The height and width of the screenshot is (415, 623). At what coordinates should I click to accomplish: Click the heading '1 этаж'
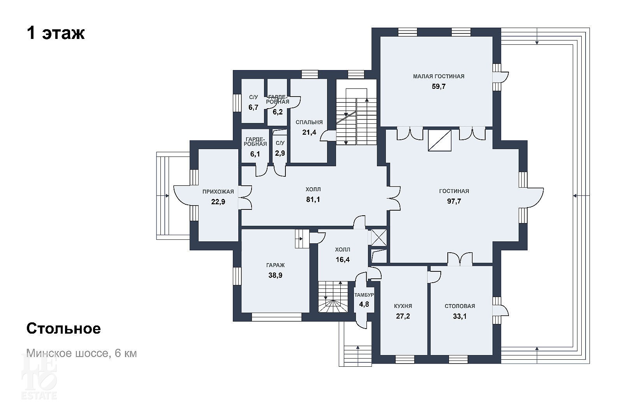[x=56, y=33]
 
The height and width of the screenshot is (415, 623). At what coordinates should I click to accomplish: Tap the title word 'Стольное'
[x=64, y=329]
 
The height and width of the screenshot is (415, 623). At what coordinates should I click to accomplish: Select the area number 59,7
[x=438, y=86]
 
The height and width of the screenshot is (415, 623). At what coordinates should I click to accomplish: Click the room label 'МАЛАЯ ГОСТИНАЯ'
[x=438, y=76]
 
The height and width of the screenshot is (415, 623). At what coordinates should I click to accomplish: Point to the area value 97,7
[x=454, y=201]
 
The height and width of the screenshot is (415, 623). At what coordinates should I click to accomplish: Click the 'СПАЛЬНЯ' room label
[x=309, y=122]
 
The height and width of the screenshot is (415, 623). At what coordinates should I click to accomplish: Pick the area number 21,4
[x=309, y=132]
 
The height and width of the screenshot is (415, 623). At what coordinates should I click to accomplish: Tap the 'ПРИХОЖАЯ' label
[x=218, y=192]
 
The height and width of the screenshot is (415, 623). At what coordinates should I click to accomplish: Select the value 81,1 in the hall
[x=313, y=199]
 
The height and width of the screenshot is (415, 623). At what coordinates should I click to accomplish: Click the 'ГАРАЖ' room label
[x=275, y=265]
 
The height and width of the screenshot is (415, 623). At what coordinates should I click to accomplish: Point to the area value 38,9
[x=275, y=275]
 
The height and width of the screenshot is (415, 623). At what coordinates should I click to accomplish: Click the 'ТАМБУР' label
[x=364, y=295]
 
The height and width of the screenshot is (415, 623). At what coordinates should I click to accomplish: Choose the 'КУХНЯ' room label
[x=403, y=306]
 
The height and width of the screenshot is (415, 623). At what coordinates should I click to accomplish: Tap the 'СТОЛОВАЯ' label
[x=460, y=306]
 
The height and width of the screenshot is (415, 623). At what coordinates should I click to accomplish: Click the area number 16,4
[x=343, y=260]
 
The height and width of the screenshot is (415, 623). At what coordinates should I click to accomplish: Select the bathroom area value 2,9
[x=280, y=153]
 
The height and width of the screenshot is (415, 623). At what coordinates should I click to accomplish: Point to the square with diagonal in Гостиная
[x=440, y=141]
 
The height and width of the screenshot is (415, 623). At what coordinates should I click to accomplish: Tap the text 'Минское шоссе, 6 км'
[x=81, y=353]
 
